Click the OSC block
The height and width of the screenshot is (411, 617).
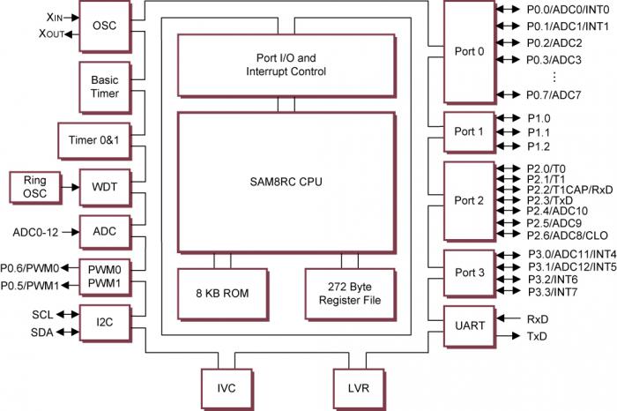pos(104,26)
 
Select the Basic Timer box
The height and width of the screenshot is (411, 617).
pos(104,86)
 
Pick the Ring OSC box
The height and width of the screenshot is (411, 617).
pos(33,186)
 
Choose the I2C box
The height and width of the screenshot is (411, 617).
pos(104,323)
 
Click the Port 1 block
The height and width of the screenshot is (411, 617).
pos(469,131)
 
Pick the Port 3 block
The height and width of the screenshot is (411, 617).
pos(469,273)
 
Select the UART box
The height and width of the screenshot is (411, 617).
pos(469,325)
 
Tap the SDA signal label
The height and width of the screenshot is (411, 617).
pos(41,332)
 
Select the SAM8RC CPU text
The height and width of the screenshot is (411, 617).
pos(286,182)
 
